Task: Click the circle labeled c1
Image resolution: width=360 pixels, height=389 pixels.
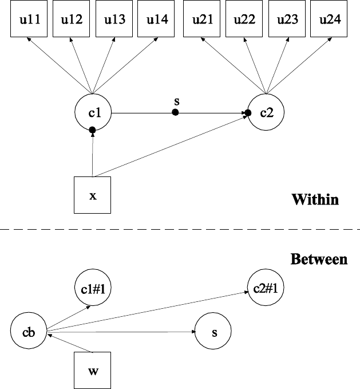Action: (x=93, y=112)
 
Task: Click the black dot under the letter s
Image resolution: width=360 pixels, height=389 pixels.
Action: (x=176, y=112)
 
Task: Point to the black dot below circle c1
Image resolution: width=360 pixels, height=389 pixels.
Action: (x=93, y=131)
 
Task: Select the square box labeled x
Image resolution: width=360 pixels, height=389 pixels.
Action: (x=93, y=195)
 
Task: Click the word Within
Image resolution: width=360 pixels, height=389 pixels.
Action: (x=315, y=200)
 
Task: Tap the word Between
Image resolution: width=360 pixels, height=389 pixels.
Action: (x=319, y=260)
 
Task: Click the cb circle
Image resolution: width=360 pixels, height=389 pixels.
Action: (x=29, y=332)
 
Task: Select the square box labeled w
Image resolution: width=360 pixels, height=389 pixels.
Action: (x=93, y=370)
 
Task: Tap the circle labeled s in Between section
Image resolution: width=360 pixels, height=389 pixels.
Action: (x=213, y=332)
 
